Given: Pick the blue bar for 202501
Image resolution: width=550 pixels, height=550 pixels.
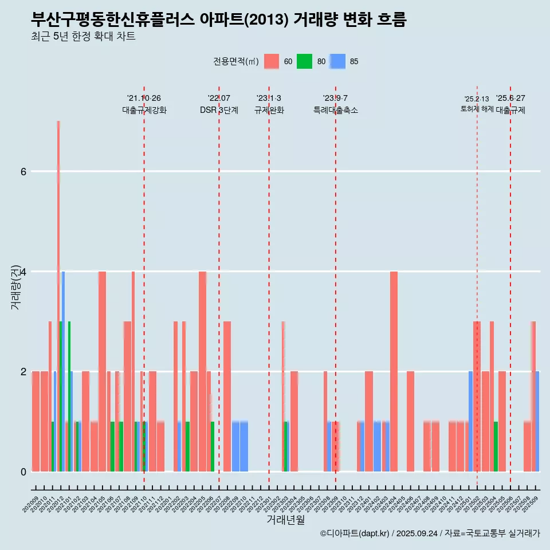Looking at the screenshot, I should point(470,421).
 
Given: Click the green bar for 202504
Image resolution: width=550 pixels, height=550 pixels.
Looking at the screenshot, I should point(496,446).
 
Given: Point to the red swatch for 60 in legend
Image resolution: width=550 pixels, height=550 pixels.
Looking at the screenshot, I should point(272,61).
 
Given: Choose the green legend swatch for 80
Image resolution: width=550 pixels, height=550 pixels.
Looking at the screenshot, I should point(304,61).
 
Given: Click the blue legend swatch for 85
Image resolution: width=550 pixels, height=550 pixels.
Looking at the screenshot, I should point(337,61).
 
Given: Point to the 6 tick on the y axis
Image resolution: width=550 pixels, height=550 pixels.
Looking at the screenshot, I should point(23,171).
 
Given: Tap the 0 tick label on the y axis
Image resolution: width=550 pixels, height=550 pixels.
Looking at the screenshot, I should point(23,472).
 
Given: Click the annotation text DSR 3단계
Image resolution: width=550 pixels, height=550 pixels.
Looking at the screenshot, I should point(219,110).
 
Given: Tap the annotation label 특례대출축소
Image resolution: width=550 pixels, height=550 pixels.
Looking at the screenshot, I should point(335,110).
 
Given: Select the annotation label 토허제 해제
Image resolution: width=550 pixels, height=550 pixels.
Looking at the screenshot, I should point(477,109).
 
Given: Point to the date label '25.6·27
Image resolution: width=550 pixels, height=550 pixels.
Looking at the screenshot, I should point(510,99).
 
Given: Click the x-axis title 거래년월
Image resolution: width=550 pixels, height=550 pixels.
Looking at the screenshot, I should point(285,520).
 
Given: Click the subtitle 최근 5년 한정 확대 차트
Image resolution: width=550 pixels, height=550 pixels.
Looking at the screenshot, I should point(83,37).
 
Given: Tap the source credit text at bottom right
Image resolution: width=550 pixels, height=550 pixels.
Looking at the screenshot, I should point(430,533).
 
